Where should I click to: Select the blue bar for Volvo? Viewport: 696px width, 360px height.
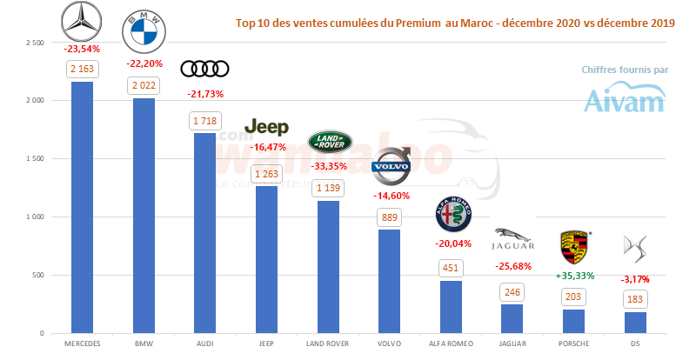click(x=391, y=281)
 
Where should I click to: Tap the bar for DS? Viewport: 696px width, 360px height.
click(x=637, y=322)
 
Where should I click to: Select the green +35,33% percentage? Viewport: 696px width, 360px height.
click(x=574, y=276)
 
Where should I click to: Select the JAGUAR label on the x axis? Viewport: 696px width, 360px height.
click(x=513, y=343)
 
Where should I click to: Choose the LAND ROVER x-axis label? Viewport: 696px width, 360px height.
click(x=329, y=343)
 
